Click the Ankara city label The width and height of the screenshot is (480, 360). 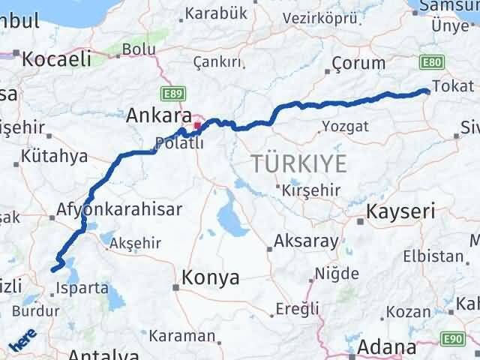tap(158, 115)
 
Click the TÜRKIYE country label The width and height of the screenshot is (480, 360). tap(299, 163)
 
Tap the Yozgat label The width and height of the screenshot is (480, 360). tap(345, 126)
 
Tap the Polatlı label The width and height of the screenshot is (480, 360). tap(178, 142)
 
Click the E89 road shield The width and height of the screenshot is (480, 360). tap(169, 93)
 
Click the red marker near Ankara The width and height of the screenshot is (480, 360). tap(197, 125)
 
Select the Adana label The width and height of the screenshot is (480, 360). tap(386, 347)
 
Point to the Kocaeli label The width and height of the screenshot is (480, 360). tap(56, 59)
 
